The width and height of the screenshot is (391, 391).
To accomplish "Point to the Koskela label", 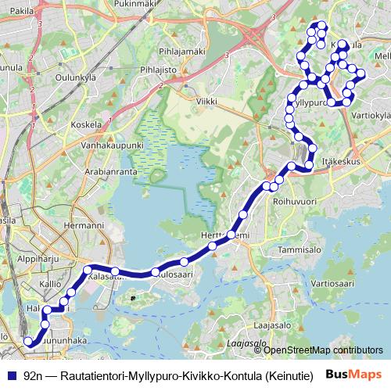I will coord(86,124).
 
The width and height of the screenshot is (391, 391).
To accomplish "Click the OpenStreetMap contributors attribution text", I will coord(320,351).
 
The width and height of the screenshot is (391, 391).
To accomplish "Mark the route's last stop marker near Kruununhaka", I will coord(29,341).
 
